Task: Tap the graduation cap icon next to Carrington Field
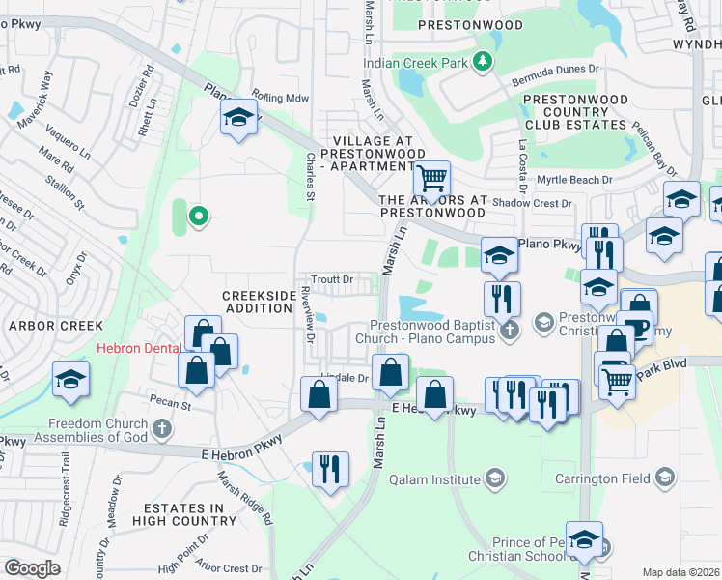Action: pos(664,477)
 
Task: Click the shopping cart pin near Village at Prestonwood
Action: pos(431,178)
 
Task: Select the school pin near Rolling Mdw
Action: pos(237,120)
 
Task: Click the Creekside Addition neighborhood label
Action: pos(257,302)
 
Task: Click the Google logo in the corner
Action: pos(32,568)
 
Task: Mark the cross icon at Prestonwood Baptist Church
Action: pos(511,331)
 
